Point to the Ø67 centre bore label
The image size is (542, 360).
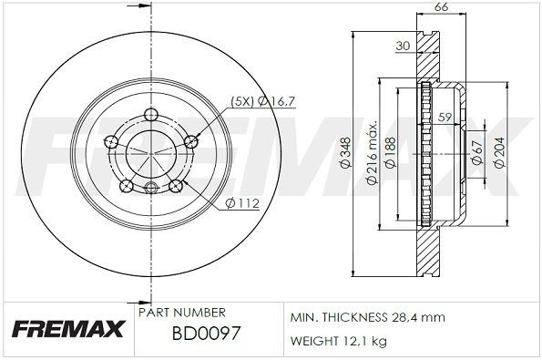click(476, 152)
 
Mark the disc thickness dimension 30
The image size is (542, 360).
click(403, 45)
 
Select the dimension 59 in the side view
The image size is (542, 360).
click(445, 117)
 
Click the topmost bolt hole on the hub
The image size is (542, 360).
click(149, 115)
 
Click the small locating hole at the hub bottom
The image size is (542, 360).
click(150, 188)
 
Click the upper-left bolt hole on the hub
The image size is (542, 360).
click(112, 141)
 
